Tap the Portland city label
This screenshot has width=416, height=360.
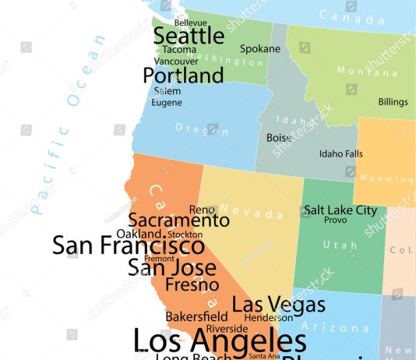click(x=183, y=76)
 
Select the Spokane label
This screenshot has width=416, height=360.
click(x=259, y=48)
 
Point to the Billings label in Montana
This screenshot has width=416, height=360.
click(x=393, y=102)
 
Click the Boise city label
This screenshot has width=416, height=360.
click(x=279, y=138)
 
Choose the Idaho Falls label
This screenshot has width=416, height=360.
click(x=340, y=154)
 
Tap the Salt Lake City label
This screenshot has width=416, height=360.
click(x=340, y=210)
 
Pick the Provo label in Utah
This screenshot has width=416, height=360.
click(x=336, y=221)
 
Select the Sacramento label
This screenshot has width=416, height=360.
click(x=178, y=221)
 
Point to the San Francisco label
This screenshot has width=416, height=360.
click(x=129, y=245)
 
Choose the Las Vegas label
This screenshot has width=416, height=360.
click(x=268, y=304)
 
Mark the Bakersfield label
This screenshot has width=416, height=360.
click(x=196, y=317)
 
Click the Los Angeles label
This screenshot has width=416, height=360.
click(x=220, y=341)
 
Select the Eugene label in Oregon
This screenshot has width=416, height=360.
click(x=167, y=102)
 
